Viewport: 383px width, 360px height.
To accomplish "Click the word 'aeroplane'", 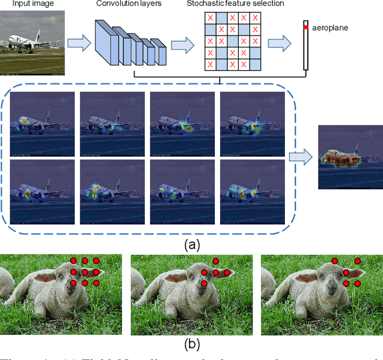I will pos(330,28).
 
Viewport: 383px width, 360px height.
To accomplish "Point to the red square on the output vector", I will pos(305,28).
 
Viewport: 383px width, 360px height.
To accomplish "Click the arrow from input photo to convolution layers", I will pos(75,43).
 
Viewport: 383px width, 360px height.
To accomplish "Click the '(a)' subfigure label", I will pos(191,244).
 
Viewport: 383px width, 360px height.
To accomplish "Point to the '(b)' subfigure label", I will pos(191,344).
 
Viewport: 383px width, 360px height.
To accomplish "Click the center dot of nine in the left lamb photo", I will pos(84,271).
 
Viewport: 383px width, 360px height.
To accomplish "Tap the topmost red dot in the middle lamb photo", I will pos(215,261).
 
